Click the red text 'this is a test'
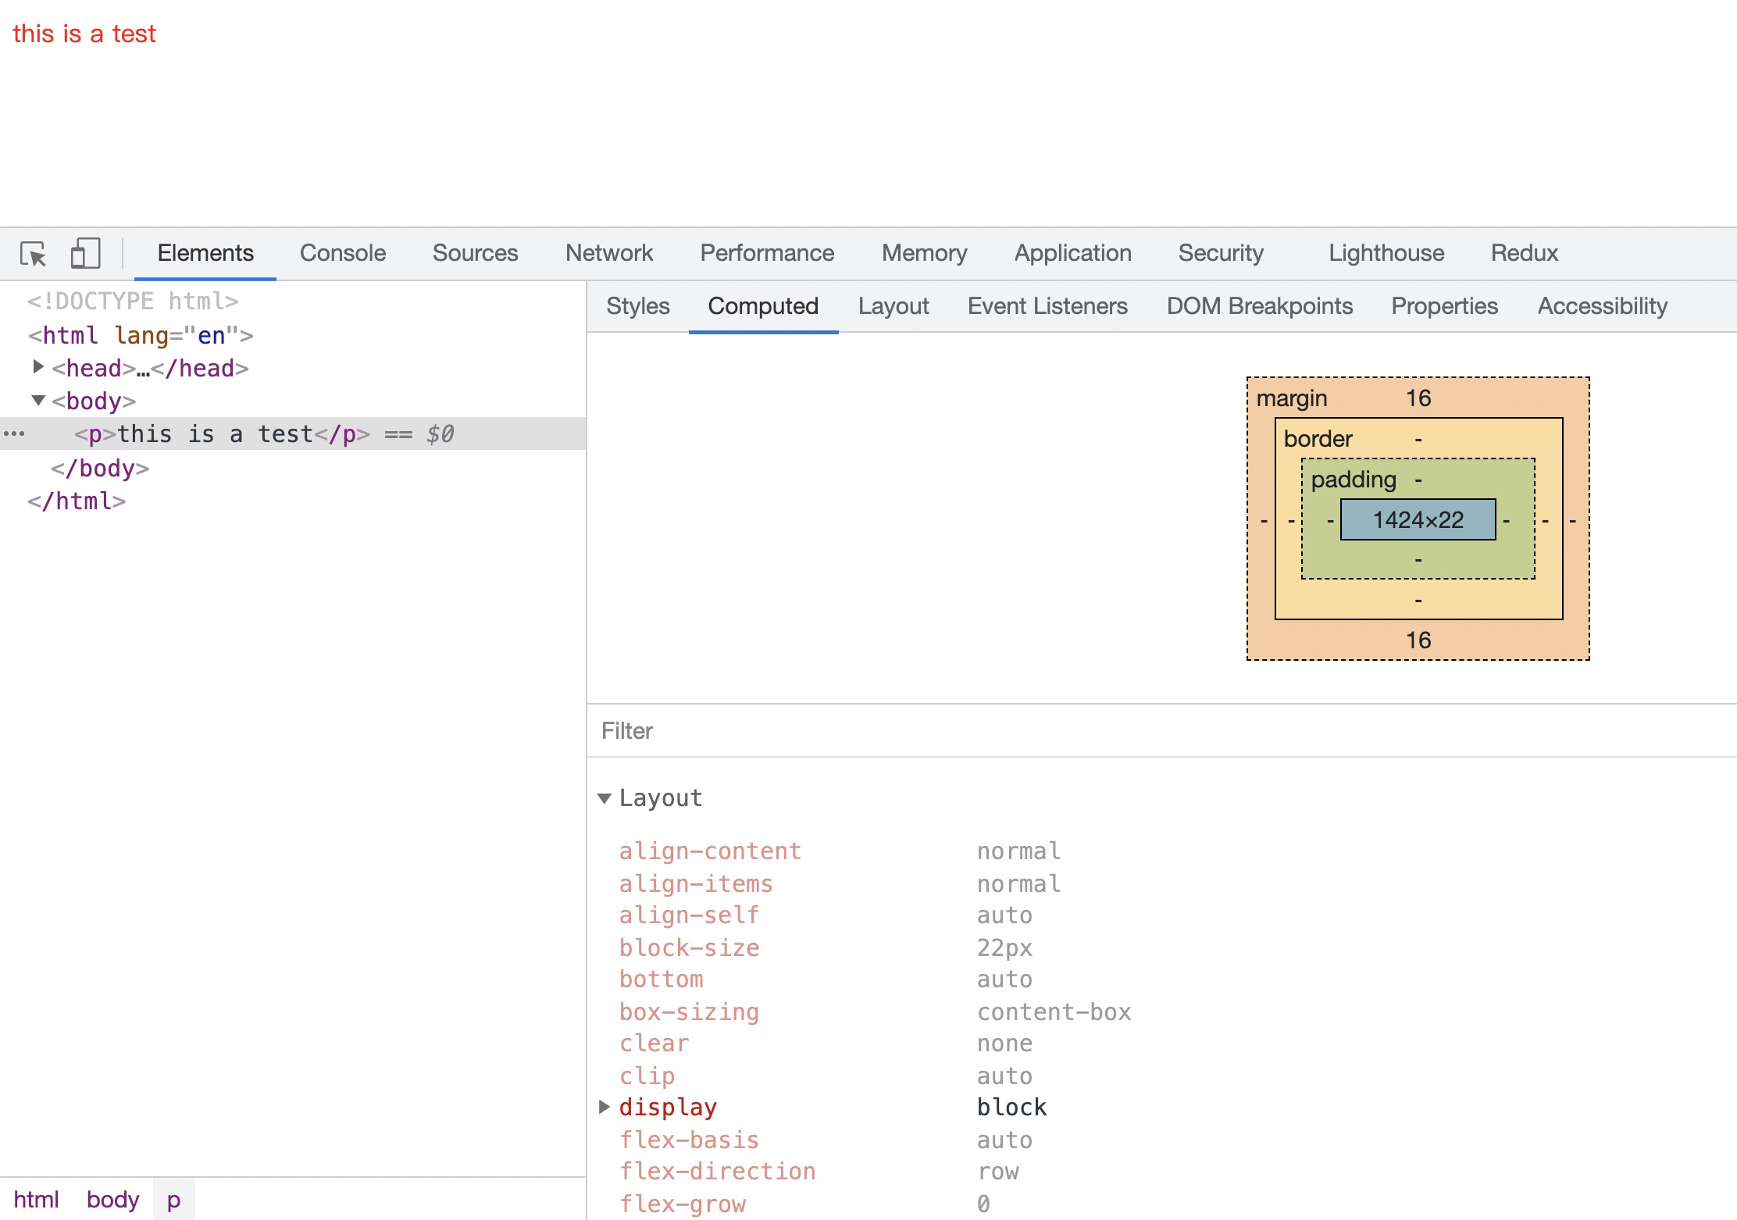pyautogui.click(x=84, y=34)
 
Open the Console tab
pyautogui.click(x=343, y=253)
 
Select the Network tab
pyautogui.click(x=609, y=253)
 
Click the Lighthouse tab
pyautogui.click(x=1386, y=253)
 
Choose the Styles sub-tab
pyautogui.click(x=638, y=306)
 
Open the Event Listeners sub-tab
pyautogui.click(x=1047, y=306)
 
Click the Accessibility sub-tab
pyautogui.click(x=1603, y=306)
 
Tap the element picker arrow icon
pyautogui.click(x=34, y=254)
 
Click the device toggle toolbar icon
pyautogui.click(x=85, y=254)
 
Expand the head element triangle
pyautogui.click(x=37, y=366)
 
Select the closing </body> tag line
pyautogui.click(x=100, y=469)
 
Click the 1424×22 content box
pyautogui.click(x=1418, y=519)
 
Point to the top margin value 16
pyautogui.click(x=1418, y=398)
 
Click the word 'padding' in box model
pyautogui.click(x=1354, y=480)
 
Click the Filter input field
pyautogui.click(x=1161, y=731)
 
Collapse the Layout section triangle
pyautogui.click(x=604, y=798)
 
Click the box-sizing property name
pyautogui.click(x=689, y=1012)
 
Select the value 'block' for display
pyautogui.click(x=1011, y=1108)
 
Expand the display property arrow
pyautogui.click(x=604, y=1107)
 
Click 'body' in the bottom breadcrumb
pyautogui.click(x=112, y=1200)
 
